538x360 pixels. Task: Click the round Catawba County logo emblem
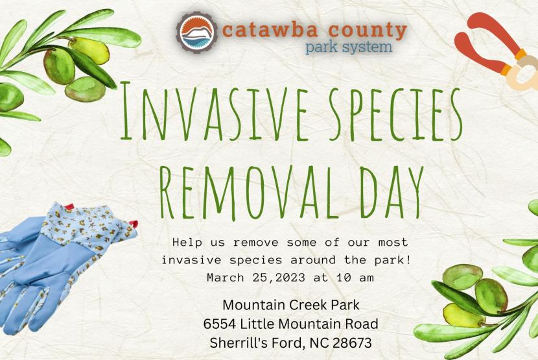[196, 32]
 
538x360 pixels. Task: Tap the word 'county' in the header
[368, 31]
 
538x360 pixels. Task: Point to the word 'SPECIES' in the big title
[395, 114]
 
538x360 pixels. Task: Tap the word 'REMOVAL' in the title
[250, 193]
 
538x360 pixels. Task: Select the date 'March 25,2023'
[256, 277]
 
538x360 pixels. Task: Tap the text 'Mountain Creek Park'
[291, 305]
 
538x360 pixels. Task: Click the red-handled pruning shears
[498, 51]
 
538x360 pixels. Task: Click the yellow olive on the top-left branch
[89, 51]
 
